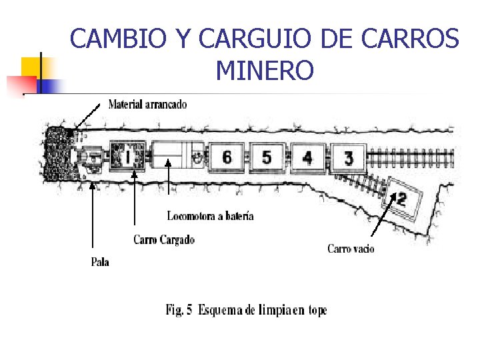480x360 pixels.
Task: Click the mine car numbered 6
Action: coord(227,157)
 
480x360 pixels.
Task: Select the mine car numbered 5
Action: coord(267,157)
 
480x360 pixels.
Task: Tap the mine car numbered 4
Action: coord(307,157)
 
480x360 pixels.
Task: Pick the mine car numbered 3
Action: coord(348,158)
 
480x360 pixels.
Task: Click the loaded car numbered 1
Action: coord(127,157)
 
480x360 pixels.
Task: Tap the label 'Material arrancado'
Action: coord(147,104)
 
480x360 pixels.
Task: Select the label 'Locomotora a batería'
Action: coord(210,215)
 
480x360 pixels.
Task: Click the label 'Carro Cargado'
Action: coord(164,239)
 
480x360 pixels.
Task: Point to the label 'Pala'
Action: coord(100,262)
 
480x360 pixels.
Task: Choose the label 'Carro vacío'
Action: coord(351,249)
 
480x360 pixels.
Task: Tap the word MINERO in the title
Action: coord(265,69)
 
